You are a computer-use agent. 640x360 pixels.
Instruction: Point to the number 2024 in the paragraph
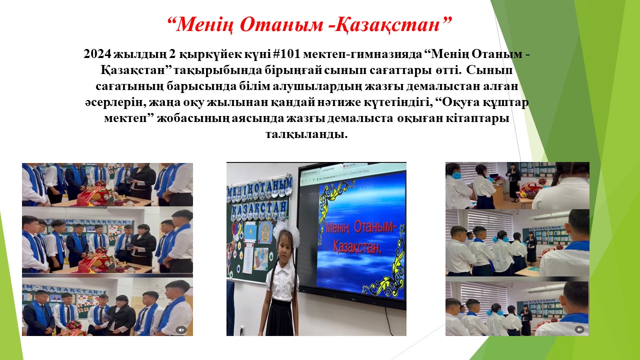97,53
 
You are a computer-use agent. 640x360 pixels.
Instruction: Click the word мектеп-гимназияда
362,54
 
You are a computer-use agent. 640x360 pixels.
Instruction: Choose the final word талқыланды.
306,134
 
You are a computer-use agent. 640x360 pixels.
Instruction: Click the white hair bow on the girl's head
286,231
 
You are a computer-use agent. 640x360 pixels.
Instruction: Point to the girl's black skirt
279,317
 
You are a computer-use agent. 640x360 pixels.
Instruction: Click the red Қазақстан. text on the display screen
357,247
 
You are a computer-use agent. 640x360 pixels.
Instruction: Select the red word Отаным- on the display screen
375,227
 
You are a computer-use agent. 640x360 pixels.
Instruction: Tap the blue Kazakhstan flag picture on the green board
249,231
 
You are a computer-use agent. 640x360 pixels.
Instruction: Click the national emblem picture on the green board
265,232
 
